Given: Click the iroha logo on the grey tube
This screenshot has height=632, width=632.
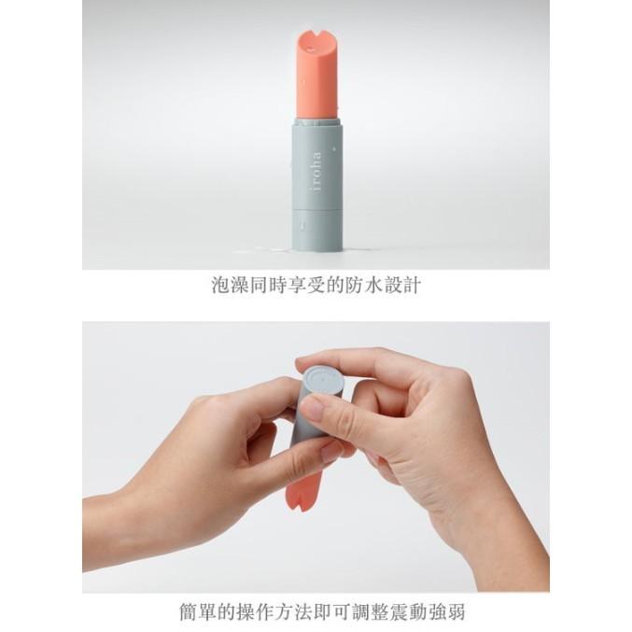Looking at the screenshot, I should [316, 171].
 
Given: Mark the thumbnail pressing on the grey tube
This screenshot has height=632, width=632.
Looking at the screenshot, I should [313, 408].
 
